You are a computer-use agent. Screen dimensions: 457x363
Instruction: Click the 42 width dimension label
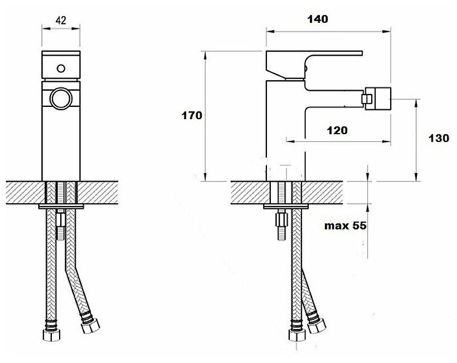click(62, 21)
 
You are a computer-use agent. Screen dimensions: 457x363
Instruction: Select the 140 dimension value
click(317, 19)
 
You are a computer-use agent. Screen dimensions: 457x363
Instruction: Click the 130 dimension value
click(438, 139)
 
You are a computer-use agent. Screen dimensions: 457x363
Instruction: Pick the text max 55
click(346, 225)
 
